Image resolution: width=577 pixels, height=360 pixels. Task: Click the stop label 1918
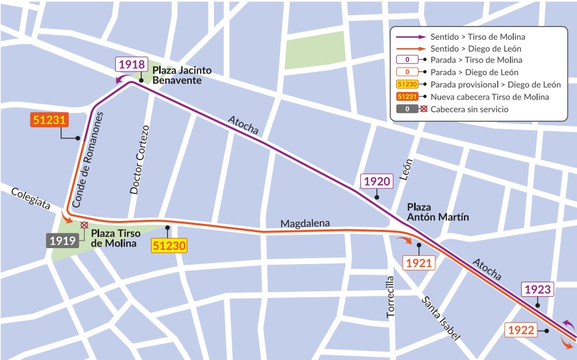coord(131,64)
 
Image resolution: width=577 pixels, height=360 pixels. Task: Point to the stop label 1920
coord(376,181)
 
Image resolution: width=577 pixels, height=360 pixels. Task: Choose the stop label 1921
coord(419,264)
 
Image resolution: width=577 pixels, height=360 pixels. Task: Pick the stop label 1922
coord(521,331)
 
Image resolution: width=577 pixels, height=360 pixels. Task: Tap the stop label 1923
coord(537,289)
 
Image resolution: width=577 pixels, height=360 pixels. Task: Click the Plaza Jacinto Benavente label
coord(182,75)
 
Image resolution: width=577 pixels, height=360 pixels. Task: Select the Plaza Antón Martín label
coord(438,212)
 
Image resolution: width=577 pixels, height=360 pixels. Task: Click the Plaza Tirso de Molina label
coord(114,238)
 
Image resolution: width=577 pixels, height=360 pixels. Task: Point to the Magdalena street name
coord(305,224)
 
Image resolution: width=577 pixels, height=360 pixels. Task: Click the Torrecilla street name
coord(391,297)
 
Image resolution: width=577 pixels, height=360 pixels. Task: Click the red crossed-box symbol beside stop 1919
coord(84,225)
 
